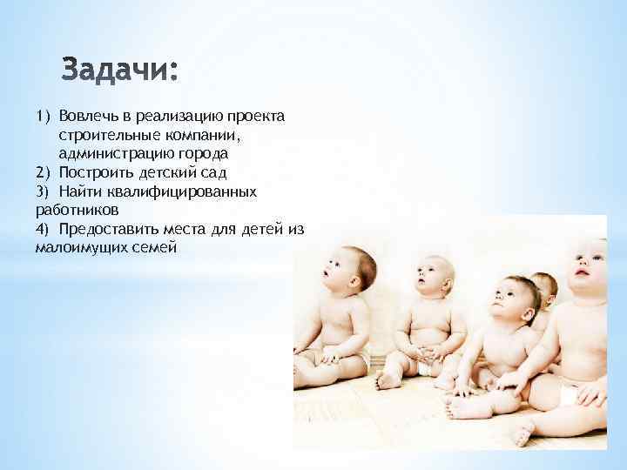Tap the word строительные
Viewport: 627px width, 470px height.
(105, 135)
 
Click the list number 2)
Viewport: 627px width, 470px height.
(44, 171)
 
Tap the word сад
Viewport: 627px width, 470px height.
(214, 171)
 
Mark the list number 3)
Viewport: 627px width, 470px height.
(44, 191)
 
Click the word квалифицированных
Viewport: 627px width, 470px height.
(185, 191)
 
